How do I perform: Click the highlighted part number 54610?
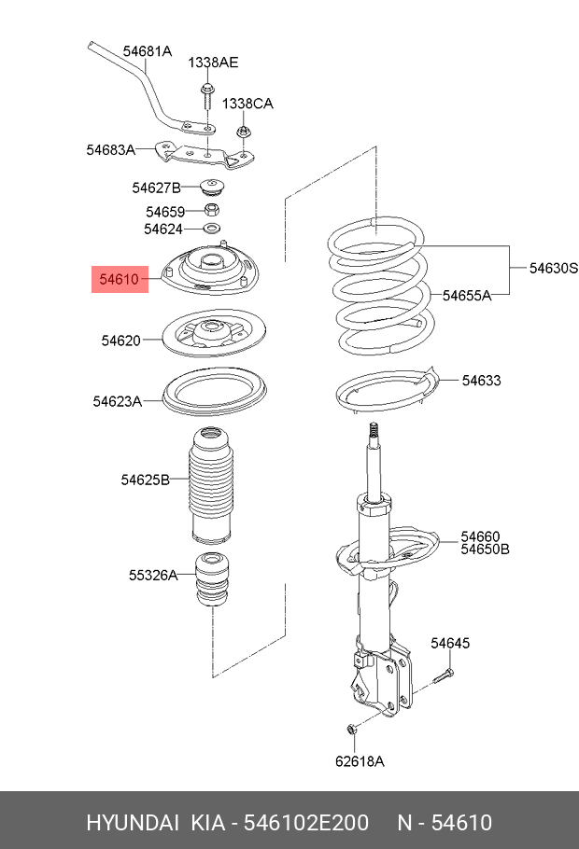point(120,279)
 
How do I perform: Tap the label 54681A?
point(148,51)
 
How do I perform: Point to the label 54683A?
point(111,149)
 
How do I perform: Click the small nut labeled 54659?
point(212,212)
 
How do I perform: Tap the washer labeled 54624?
point(212,229)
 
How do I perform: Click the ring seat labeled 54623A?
point(213,394)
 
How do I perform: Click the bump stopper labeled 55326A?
point(213,580)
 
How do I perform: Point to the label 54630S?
point(554,269)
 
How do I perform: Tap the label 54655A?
point(467,296)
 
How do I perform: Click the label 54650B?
point(484,550)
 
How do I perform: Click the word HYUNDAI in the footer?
point(133,823)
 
